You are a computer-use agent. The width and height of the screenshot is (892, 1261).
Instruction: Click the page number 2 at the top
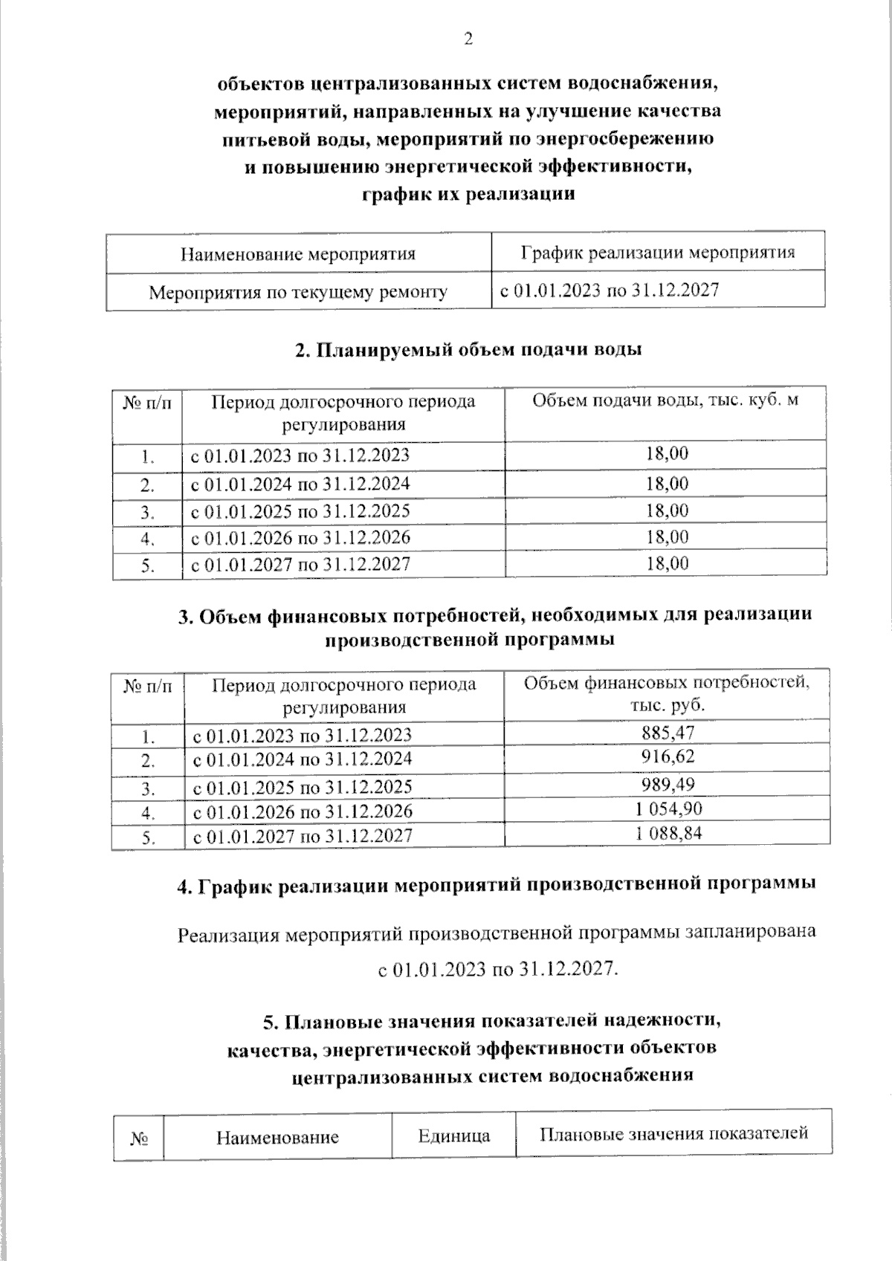point(468,40)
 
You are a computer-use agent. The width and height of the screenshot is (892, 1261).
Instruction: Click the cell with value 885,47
point(667,733)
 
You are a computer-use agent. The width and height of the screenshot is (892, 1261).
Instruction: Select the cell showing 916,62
point(667,757)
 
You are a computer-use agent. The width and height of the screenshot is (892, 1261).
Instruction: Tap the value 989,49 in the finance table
point(667,785)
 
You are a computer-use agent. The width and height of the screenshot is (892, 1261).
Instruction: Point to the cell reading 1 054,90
point(667,808)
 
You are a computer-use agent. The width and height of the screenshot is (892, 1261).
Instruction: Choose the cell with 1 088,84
point(667,833)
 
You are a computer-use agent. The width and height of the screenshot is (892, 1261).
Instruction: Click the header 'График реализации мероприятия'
point(657,252)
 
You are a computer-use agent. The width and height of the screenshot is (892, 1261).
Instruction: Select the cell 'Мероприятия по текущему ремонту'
point(298,292)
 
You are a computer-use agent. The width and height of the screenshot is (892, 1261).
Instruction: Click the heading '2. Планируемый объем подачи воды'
point(468,349)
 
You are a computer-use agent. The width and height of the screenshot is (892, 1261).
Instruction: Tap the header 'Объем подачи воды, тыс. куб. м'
point(665,401)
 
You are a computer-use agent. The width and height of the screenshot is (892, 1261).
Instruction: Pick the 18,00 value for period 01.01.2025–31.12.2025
point(667,510)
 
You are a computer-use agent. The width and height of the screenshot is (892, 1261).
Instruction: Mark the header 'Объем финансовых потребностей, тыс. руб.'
point(667,693)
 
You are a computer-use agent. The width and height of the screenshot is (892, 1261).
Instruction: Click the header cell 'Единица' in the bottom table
point(453,1135)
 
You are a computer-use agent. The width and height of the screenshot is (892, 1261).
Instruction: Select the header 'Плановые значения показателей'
point(673,1133)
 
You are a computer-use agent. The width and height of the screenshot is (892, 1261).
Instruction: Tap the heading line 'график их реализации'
point(468,195)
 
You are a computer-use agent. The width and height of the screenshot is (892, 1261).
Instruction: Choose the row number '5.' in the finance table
point(148,837)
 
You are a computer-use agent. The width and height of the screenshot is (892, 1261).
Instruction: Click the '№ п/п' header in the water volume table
point(147,402)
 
